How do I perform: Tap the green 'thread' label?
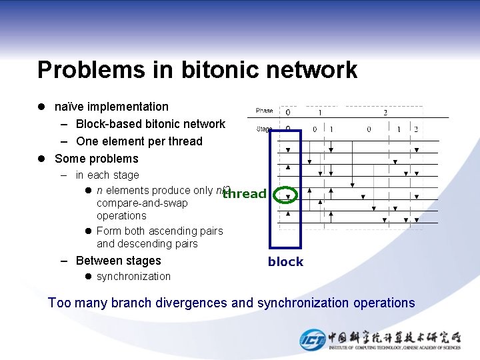(245, 194)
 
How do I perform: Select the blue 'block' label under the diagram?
(285, 262)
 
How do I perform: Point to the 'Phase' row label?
(265, 111)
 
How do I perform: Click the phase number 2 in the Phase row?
(385, 112)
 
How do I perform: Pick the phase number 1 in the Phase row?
(320, 112)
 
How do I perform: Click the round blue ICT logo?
(312, 339)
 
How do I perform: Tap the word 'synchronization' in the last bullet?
(133, 277)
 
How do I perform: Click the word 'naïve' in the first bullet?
(69, 107)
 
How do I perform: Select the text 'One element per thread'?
(139, 141)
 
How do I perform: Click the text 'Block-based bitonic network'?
(151, 124)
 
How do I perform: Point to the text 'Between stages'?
(119, 261)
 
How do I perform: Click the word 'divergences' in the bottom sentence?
(194, 303)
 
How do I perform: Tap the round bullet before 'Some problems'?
(41, 159)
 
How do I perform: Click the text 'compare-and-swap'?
(142, 203)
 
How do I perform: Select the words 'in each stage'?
(107, 175)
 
